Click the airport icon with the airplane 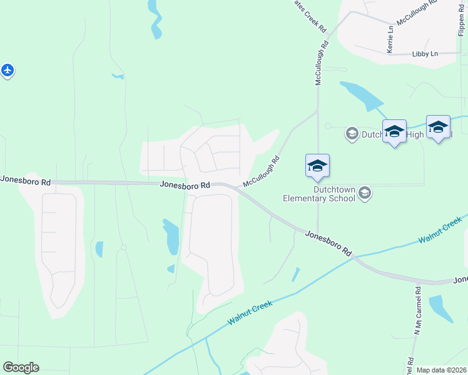coord(7,70)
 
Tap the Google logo coord(21,367)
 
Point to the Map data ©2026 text coord(441,370)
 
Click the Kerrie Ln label coord(390,39)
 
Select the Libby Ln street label coord(425,54)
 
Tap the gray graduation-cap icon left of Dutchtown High coord(352,133)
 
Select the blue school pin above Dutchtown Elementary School coord(317,166)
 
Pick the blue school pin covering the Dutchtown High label coord(394,131)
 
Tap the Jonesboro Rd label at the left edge coord(25,180)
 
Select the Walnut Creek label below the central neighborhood coord(250,312)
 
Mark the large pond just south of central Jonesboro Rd coord(170,236)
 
